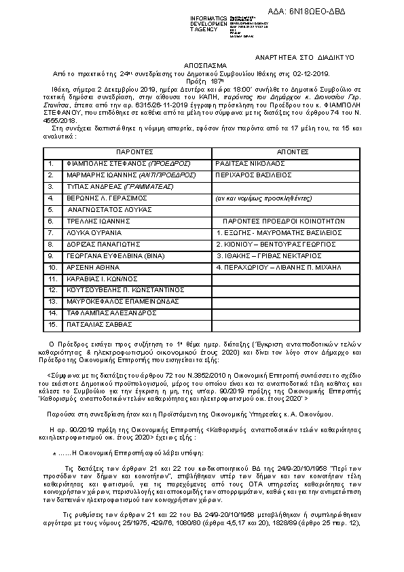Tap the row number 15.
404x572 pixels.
pyautogui.click(x=52, y=315)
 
